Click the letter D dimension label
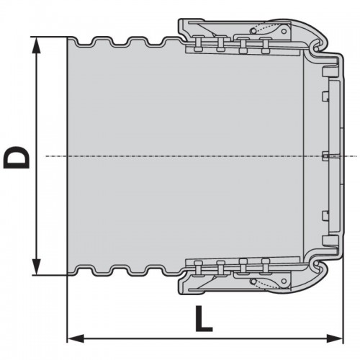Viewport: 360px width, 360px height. pyautogui.click(x=17, y=157)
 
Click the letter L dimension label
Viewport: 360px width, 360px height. pyautogui.click(x=204, y=319)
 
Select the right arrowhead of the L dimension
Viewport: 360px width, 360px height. pyautogui.click(x=334, y=338)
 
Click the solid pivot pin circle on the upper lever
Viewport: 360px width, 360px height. pyautogui.click(x=284, y=31)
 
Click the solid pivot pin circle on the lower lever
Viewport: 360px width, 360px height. pyautogui.click(x=284, y=282)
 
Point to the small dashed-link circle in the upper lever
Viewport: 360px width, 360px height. pyautogui.click(x=253, y=30)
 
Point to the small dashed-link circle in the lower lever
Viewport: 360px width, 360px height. pyautogui.click(x=253, y=282)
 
